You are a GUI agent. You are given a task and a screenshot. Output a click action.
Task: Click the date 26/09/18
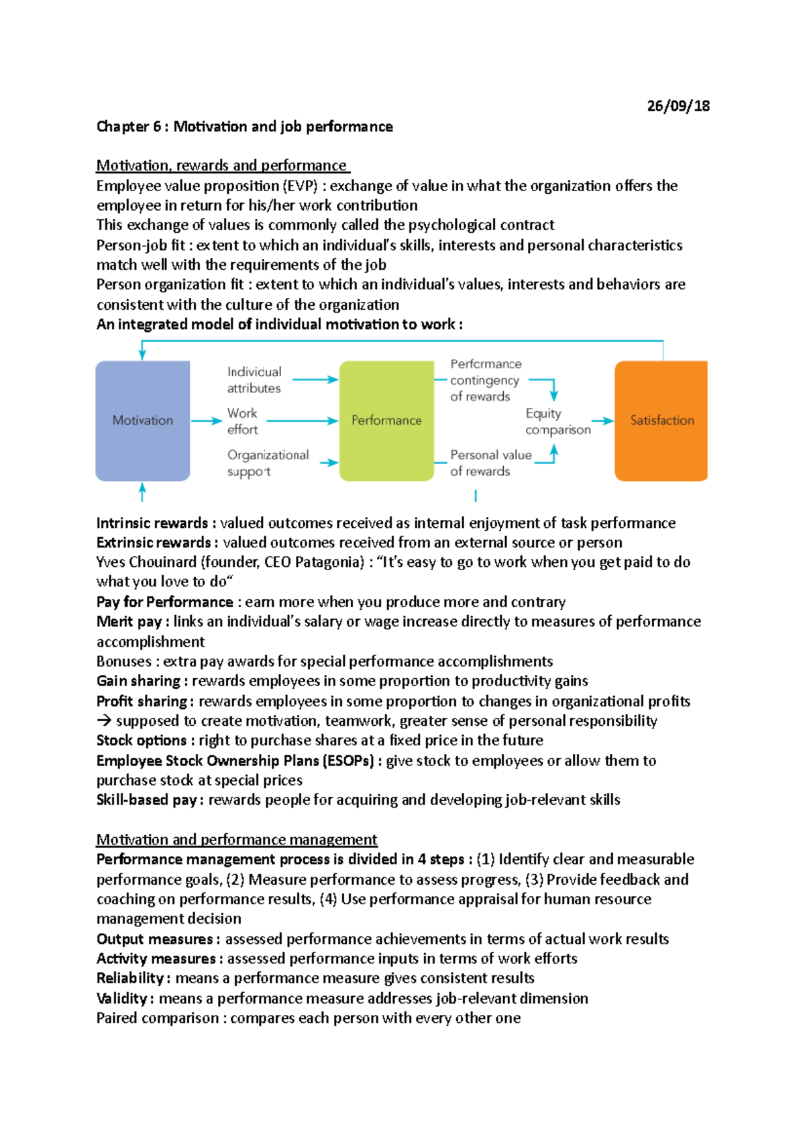pyautogui.click(x=678, y=106)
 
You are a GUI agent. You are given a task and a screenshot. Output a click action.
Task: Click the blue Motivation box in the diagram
pyautogui.click(x=142, y=421)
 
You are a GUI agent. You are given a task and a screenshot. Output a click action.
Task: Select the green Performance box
pyautogui.click(x=386, y=421)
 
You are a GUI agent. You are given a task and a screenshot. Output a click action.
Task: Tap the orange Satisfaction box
pyautogui.click(x=661, y=421)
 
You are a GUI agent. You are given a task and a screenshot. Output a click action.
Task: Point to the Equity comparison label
pyautogui.click(x=557, y=422)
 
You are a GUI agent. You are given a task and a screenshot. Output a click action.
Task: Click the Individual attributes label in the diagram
pyautogui.click(x=254, y=380)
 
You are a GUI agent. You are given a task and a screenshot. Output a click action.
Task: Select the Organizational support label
pyautogui.click(x=268, y=463)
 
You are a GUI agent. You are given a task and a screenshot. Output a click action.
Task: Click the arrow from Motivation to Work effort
pyautogui.click(x=206, y=421)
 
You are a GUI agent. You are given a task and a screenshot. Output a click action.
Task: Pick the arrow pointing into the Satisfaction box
pyautogui.click(x=602, y=421)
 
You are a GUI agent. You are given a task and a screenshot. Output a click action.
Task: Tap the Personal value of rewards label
pyautogui.click(x=490, y=463)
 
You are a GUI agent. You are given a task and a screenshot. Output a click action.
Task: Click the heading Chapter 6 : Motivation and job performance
pyautogui.click(x=244, y=127)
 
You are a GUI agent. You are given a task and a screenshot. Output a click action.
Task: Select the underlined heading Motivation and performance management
pyautogui.click(x=236, y=840)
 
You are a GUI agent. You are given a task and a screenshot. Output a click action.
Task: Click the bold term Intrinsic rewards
pyautogui.click(x=152, y=523)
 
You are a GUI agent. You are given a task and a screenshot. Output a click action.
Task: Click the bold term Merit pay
pyautogui.click(x=129, y=622)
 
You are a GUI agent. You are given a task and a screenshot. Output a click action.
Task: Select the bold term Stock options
pyautogui.click(x=141, y=741)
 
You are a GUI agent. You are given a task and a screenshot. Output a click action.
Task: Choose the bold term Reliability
pyautogui.click(x=129, y=978)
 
